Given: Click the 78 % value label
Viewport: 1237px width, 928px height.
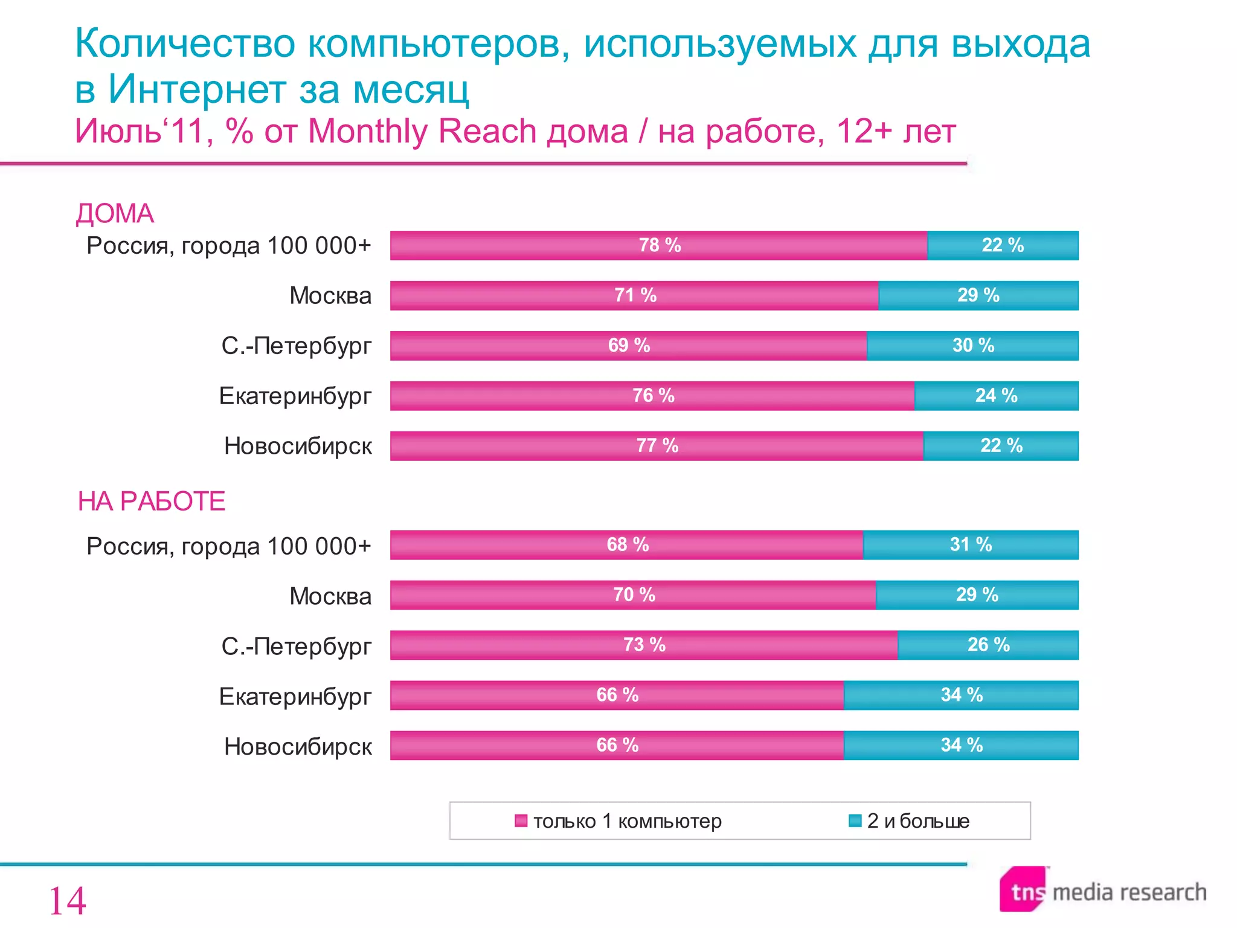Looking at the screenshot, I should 660,245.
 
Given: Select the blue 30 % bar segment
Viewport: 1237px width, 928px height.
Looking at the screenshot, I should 972,346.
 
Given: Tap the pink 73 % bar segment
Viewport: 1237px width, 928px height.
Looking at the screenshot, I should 644,645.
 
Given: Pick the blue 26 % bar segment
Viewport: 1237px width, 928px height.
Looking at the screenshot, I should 988,645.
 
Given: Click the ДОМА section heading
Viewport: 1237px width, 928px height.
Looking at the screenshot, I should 115,214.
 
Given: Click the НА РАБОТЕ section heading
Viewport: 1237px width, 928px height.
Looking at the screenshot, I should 152,501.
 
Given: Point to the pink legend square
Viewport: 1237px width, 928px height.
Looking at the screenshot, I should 521,821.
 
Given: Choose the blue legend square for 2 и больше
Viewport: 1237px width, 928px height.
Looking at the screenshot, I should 855,820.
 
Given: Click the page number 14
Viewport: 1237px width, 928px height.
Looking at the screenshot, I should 67,901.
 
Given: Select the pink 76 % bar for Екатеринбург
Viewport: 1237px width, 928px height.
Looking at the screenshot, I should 652,396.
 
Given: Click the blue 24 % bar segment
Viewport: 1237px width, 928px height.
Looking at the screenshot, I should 996,396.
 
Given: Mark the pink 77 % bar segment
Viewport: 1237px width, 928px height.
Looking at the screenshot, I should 657,446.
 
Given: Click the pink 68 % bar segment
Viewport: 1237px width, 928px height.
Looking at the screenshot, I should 627,545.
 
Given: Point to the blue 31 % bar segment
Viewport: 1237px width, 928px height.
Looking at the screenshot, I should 971,545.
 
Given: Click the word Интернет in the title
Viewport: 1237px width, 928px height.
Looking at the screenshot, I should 196,89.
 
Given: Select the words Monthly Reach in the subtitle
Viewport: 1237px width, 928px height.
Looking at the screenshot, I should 422,131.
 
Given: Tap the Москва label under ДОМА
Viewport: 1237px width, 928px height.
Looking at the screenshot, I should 330,296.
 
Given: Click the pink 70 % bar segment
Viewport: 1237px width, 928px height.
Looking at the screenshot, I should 633,595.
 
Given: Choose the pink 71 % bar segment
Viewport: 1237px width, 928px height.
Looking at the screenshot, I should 634,295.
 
